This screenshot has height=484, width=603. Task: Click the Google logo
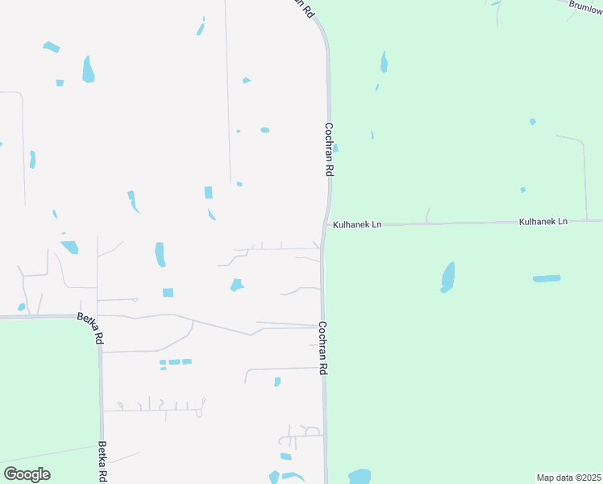click(27, 474)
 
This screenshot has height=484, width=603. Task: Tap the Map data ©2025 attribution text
click(568, 477)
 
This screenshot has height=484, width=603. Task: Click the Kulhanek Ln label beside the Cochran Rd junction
click(357, 224)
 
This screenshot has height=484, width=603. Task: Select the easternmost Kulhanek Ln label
click(543, 220)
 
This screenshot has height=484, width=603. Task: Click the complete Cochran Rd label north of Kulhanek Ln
click(329, 149)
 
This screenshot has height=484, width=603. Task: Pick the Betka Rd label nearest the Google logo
click(102, 461)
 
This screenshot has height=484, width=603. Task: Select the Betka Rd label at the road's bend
click(89, 329)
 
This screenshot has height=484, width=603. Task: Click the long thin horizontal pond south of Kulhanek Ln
click(547, 278)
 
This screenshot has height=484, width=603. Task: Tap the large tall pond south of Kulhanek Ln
click(447, 276)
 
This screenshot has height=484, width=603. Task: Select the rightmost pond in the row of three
click(187, 361)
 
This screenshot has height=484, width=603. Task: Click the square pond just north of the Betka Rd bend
click(168, 292)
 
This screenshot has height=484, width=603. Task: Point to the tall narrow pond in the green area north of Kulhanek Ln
click(384, 61)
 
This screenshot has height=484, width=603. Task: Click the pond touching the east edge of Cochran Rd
click(335, 148)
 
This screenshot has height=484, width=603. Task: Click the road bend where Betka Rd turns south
click(98, 316)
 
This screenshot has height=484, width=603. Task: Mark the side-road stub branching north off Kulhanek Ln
click(427, 214)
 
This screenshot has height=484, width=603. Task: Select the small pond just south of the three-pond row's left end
click(163, 368)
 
